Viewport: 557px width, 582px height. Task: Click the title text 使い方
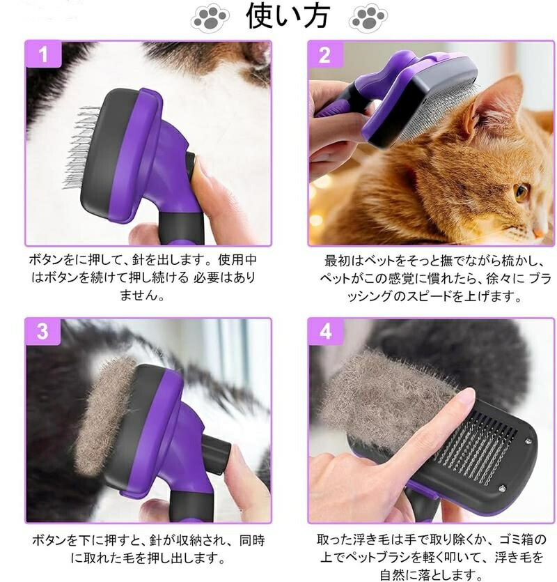[x=288, y=15]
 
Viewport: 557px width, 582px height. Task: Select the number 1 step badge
[x=43, y=54]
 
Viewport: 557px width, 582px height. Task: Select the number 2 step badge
[x=325, y=55]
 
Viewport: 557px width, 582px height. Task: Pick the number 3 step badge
[x=43, y=331]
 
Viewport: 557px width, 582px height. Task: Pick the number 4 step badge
[x=326, y=331]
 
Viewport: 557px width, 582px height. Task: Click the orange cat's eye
[x=521, y=191]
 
